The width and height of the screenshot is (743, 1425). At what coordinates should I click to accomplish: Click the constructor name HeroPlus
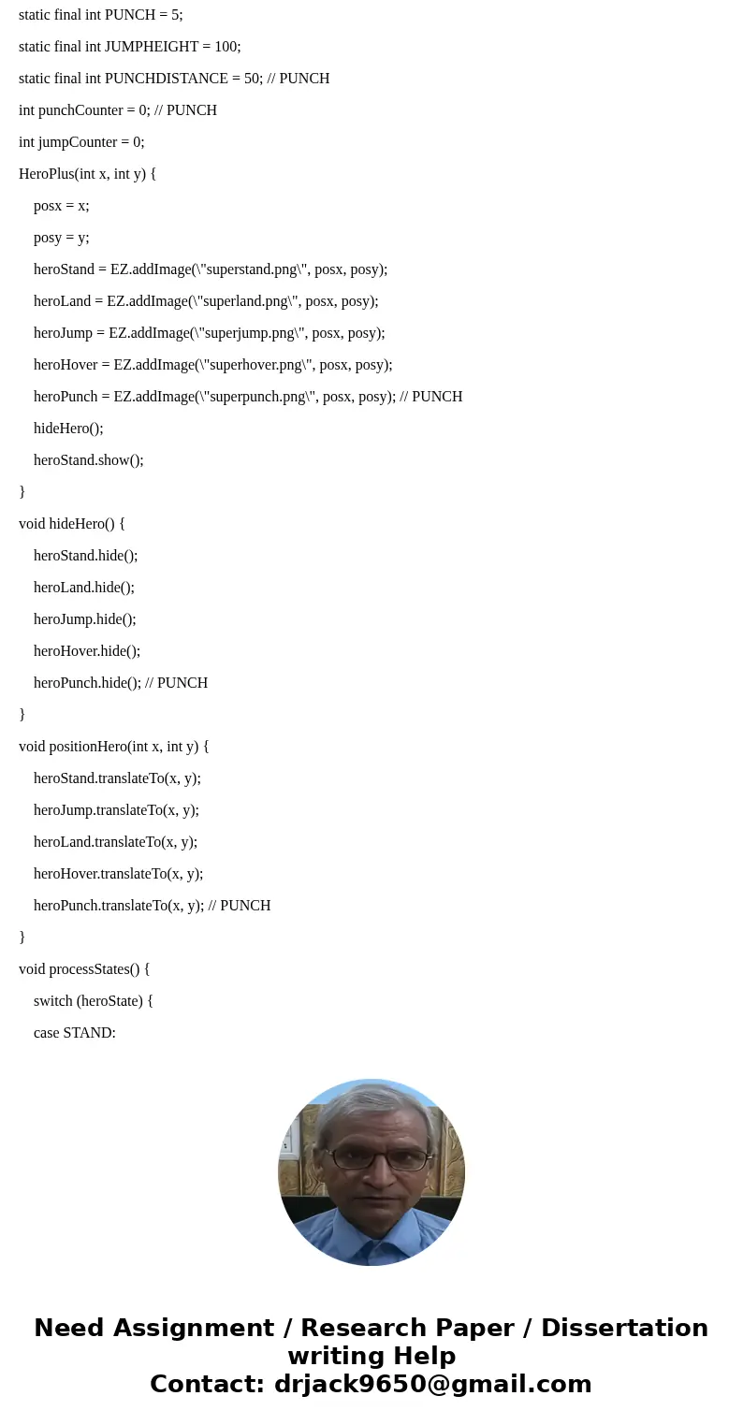coord(47,174)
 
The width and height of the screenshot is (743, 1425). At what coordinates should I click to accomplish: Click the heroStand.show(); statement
coord(88,460)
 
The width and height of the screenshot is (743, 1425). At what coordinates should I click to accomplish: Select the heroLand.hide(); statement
coord(84,588)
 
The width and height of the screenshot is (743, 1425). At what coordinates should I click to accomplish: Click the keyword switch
coord(53,1001)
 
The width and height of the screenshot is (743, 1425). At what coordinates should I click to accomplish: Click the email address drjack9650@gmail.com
coord(432,1385)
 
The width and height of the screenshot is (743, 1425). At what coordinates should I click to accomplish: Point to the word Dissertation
coord(624,1329)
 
